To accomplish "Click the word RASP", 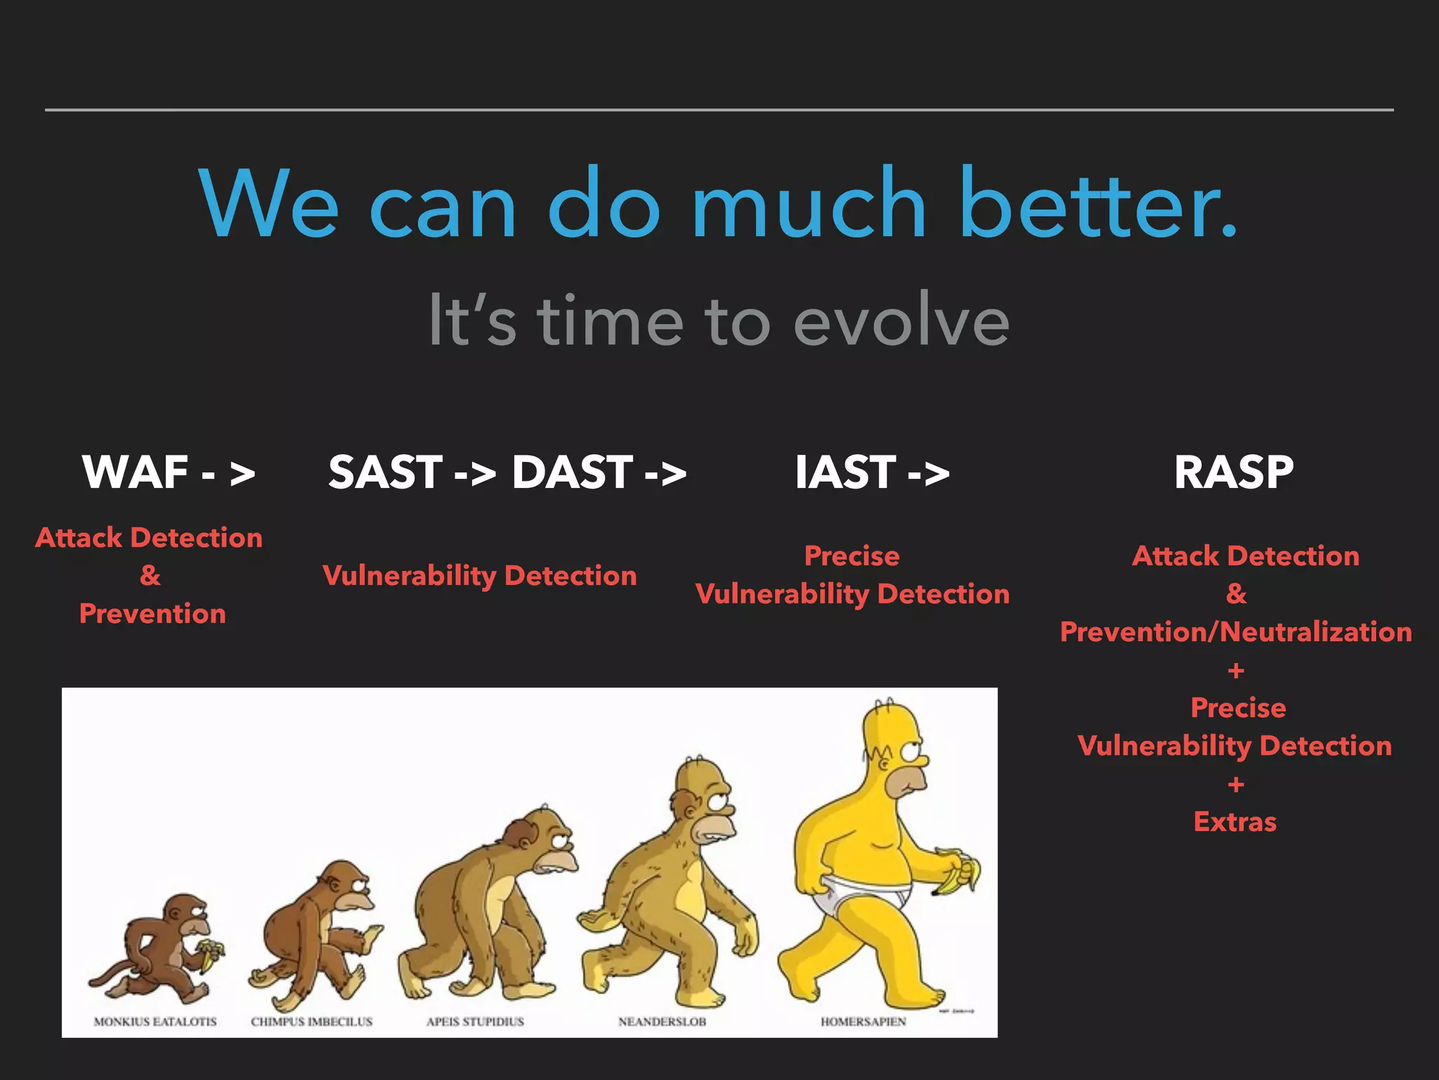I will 1233,472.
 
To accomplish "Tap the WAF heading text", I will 135,472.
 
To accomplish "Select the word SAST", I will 385,472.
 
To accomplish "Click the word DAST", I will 572,472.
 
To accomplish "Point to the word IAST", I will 845,472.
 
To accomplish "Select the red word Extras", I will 1235,821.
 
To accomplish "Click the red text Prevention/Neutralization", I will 1235,631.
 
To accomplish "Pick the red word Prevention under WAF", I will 152,613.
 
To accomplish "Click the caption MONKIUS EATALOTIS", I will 155,1021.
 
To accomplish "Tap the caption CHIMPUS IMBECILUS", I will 311,1021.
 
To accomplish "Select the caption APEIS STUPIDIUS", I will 475,1021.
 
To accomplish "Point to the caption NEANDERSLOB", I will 661,1021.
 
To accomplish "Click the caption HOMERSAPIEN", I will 863,1021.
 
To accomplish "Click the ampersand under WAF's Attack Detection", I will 150,575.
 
